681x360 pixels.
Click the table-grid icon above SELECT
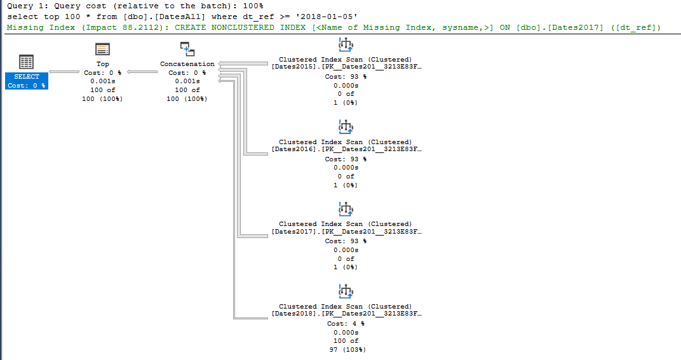click(26, 62)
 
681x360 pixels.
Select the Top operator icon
click(102, 50)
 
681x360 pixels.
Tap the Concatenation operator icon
click(187, 50)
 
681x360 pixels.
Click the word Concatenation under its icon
click(187, 64)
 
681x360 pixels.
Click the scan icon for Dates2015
click(346, 44)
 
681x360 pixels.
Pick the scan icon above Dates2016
click(346, 127)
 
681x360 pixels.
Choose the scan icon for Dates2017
click(346, 209)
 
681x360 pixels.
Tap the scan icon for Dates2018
click(346, 291)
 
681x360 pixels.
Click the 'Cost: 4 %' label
click(346, 323)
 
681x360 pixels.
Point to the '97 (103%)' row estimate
click(346, 350)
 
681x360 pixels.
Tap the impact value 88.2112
click(139, 28)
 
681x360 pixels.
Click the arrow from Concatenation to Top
click(143, 72)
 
